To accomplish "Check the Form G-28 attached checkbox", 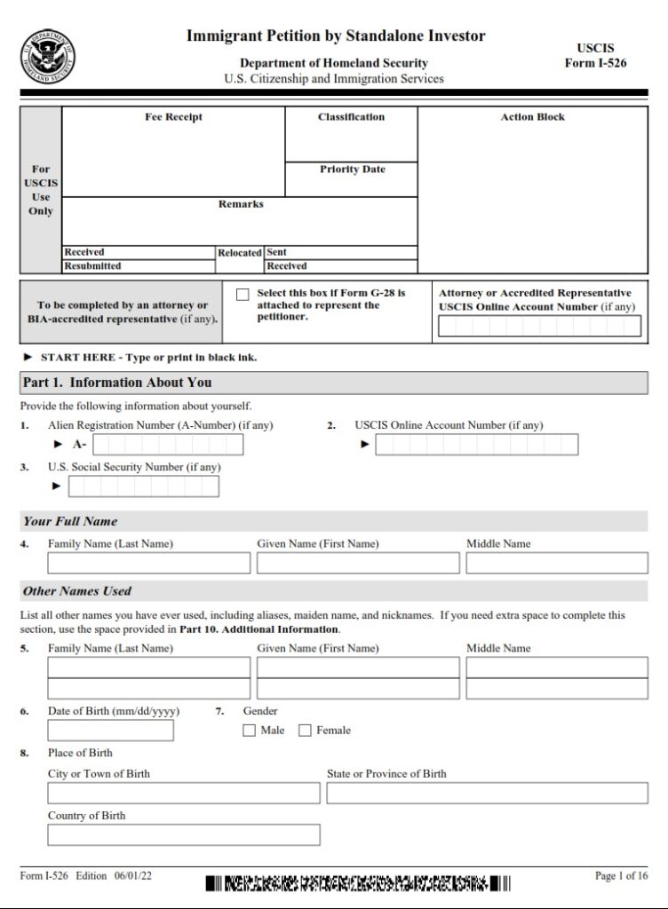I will (243, 295).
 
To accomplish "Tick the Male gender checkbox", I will (250, 731).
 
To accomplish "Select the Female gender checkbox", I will (305, 731).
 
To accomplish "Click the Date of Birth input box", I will (110, 731).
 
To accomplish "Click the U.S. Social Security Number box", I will (143, 486).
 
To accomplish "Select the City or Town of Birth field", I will (183, 794).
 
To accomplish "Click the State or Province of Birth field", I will (484, 794).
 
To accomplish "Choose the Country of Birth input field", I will (183, 835).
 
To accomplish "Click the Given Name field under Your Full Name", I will (358, 564).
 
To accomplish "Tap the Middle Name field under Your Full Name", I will (556, 564).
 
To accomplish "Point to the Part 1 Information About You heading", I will (117, 383).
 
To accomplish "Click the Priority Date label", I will (352, 170).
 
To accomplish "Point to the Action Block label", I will (532, 117).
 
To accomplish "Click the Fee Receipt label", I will (173, 117).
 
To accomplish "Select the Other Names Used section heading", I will (76, 591).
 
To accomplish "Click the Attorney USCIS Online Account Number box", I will (539, 327).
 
